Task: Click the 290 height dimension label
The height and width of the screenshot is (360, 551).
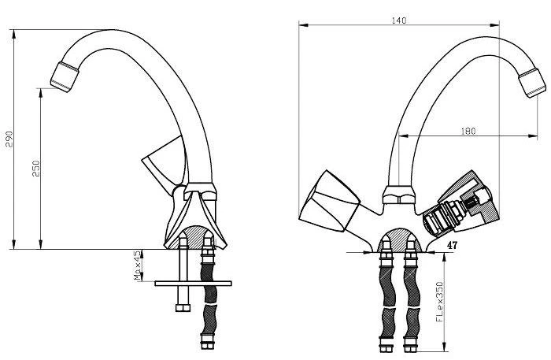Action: pyautogui.click(x=9, y=139)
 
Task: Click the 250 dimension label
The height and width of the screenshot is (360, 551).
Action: pyautogui.click(x=36, y=169)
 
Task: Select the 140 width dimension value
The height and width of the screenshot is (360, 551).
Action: pyautogui.click(x=399, y=20)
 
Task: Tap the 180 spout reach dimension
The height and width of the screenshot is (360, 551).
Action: pyautogui.click(x=468, y=131)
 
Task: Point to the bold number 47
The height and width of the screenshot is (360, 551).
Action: pyautogui.click(x=452, y=245)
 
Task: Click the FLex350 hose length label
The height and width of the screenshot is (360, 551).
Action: pyautogui.click(x=439, y=302)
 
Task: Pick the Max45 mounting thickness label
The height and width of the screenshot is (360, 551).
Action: pyautogui.click(x=138, y=265)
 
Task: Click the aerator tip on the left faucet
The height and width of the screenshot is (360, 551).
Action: pyautogui.click(x=65, y=77)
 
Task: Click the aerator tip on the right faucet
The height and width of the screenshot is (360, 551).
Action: pyautogui.click(x=532, y=83)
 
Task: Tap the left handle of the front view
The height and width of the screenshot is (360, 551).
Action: pyautogui.click(x=330, y=202)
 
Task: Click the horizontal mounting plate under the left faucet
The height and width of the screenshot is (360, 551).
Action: pyautogui.click(x=193, y=284)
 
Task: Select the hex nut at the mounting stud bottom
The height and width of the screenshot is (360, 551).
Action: pyautogui.click(x=183, y=308)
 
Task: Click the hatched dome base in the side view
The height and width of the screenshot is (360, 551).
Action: pyautogui.click(x=194, y=237)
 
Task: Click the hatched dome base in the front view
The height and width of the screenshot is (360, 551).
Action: pyautogui.click(x=398, y=239)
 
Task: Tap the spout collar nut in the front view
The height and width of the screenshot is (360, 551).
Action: pyautogui.click(x=398, y=195)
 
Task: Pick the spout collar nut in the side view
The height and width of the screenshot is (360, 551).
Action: pyautogui.click(x=200, y=191)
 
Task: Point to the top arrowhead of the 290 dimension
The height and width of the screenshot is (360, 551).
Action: pyautogui.click(x=13, y=33)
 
